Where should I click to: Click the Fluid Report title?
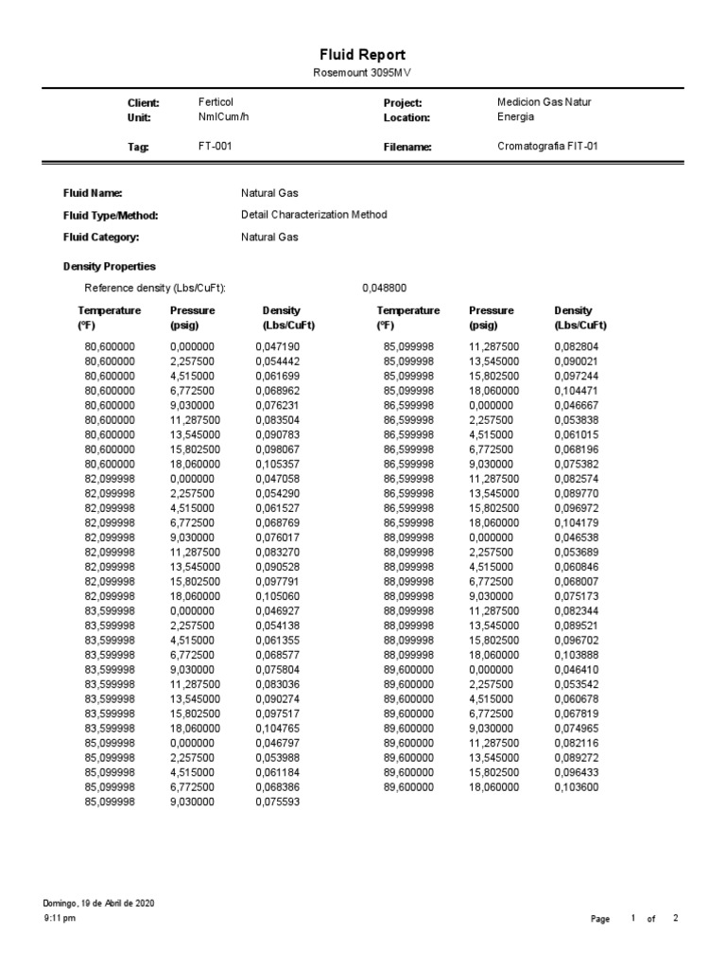point(362,56)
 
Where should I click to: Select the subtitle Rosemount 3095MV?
point(362,74)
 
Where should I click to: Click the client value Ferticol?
point(216,102)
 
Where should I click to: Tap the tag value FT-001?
point(215,147)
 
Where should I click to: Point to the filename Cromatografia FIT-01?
point(547,147)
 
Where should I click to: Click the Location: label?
point(406,118)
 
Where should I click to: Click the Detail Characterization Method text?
point(314,215)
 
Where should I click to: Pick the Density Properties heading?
point(110,267)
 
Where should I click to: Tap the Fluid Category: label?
point(101,238)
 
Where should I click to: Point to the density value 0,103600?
point(577,787)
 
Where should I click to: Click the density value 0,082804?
point(577,347)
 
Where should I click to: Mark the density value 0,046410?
point(577,670)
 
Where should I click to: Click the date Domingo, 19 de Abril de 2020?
point(99,904)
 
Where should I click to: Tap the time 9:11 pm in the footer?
point(60,919)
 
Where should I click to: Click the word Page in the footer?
point(600,920)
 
